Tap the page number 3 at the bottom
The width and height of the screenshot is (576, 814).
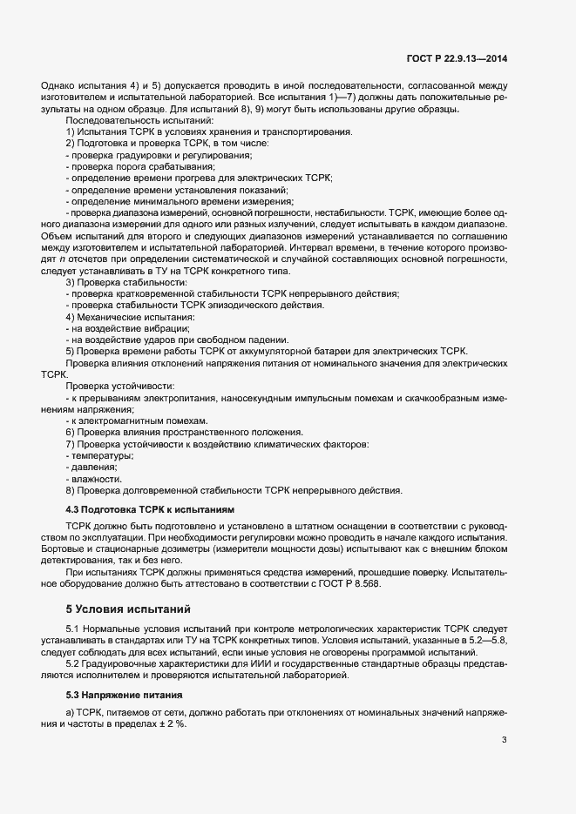click(x=505, y=740)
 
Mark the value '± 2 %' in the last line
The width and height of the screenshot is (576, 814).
click(x=173, y=725)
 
